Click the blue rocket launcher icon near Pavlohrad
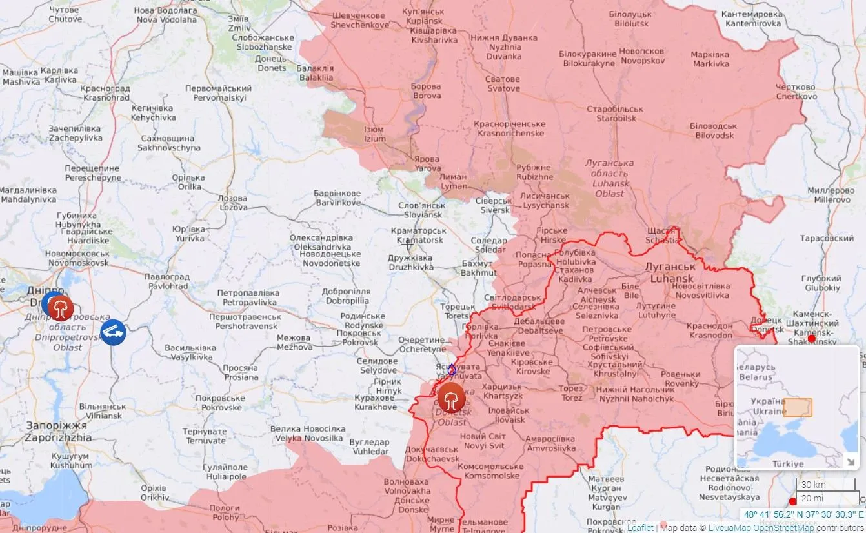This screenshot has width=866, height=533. (113, 332)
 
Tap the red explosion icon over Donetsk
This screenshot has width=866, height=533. (451, 397)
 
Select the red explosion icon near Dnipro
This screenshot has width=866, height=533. (61, 308)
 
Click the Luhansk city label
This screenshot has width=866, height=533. (671, 273)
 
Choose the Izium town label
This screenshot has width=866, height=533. (374, 134)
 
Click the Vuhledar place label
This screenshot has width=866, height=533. (369, 447)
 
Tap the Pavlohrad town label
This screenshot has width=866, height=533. (166, 281)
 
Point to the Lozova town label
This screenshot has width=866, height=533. (233, 203)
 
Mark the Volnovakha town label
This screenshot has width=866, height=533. (406, 486)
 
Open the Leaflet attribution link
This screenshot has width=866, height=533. (640, 528)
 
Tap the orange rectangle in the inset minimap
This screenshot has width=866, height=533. (798, 407)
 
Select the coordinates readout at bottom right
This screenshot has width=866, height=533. (803, 514)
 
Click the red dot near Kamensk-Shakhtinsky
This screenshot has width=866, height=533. (811, 339)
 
